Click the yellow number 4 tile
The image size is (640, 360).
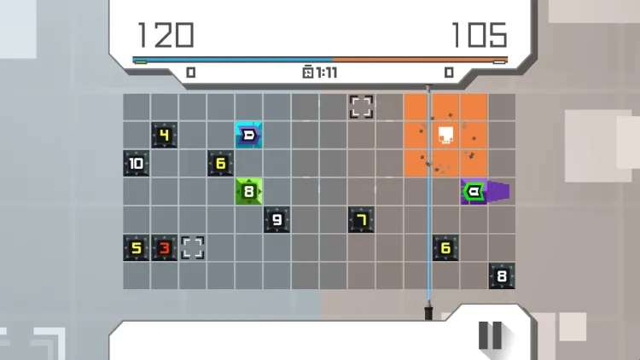pyautogui.click(x=164, y=135)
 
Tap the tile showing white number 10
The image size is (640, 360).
pyautogui.click(x=136, y=163)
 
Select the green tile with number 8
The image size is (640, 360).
pyautogui.click(x=248, y=191)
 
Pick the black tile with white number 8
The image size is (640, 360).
pyautogui.click(x=502, y=276)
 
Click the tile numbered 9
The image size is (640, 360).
pyautogui.click(x=276, y=219)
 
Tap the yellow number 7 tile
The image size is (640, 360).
pyautogui.click(x=361, y=219)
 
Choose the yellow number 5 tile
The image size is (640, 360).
pyautogui.click(x=136, y=247)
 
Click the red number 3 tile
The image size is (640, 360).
pyautogui.click(x=164, y=247)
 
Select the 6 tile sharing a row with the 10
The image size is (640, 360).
pyautogui.click(x=220, y=163)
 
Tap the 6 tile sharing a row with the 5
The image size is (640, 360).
pyautogui.click(x=445, y=247)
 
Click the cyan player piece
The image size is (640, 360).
pyautogui.click(x=248, y=135)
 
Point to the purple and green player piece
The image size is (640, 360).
pyautogui.click(x=485, y=191)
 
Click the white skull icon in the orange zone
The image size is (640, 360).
pyautogui.click(x=445, y=136)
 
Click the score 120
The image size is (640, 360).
pyautogui.click(x=166, y=35)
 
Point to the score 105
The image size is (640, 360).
pyautogui.click(x=480, y=35)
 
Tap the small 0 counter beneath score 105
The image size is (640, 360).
pyautogui.click(x=449, y=73)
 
